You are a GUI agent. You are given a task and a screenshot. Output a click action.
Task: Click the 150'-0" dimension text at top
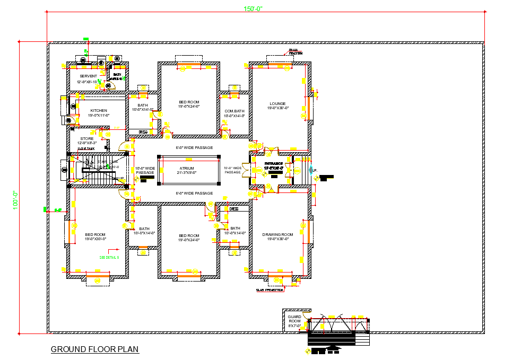point(253,8)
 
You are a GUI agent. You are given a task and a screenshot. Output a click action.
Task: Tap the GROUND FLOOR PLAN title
point(94,349)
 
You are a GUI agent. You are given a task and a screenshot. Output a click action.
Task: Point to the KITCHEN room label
point(99,111)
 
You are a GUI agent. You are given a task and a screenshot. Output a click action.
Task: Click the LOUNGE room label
point(277,104)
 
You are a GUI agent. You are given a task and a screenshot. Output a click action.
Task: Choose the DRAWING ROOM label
point(277,234)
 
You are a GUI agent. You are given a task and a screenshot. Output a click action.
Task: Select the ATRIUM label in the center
point(187,169)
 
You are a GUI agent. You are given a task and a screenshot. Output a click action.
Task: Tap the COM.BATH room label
point(234,111)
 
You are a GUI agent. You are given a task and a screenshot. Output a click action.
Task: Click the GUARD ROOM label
point(294,319)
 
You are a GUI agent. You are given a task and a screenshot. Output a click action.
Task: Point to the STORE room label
point(87,139)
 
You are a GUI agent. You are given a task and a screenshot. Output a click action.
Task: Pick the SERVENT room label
point(88,76)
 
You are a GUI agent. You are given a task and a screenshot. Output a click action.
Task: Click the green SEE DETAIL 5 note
point(109,257)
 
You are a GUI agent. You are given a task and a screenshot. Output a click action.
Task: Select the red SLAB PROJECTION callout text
point(270,290)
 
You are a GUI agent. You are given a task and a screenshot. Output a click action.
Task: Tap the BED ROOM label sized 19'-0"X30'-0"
point(95,234)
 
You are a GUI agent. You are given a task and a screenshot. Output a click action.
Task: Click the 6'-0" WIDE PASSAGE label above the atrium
point(194,147)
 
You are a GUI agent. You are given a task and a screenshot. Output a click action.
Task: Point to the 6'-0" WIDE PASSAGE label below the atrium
point(194,193)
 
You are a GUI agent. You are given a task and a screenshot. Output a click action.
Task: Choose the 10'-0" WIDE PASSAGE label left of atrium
point(145,170)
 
